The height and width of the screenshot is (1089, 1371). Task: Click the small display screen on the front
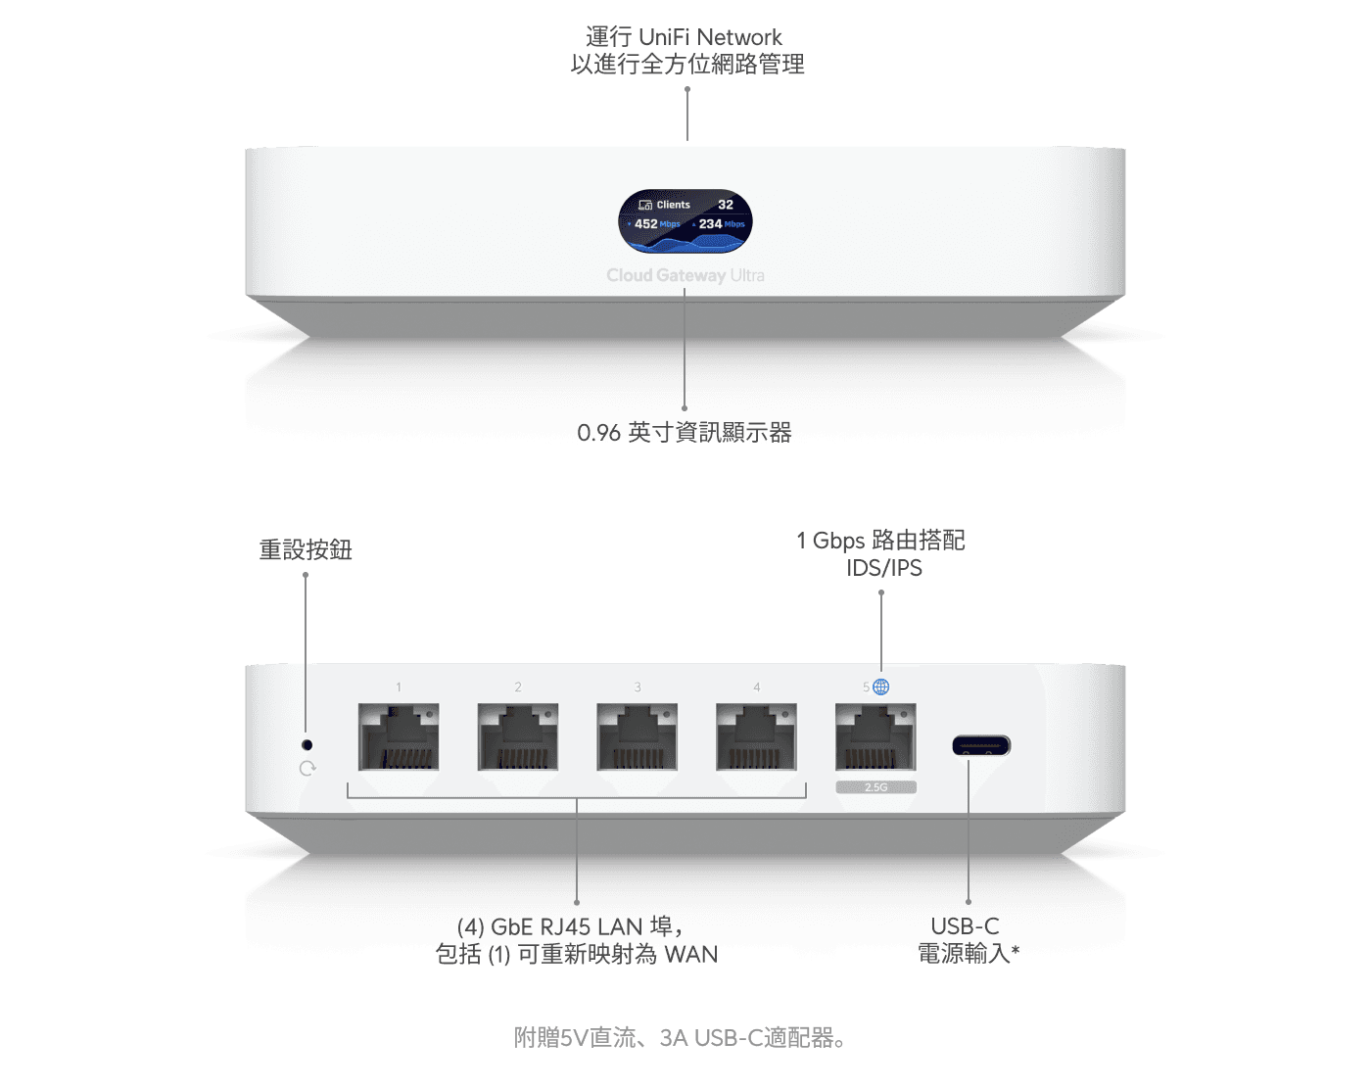point(685,220)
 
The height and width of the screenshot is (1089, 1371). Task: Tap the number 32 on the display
point(725,205)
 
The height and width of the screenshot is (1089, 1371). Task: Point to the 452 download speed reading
point(645,223)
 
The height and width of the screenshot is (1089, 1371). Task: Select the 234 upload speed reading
point(710,223)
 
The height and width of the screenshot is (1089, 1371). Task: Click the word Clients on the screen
point(673,205)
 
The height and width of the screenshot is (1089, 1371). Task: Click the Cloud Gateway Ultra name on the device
point(685,275)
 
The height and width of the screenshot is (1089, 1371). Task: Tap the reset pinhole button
point(307,744)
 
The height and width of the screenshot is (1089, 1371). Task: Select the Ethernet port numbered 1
point(399,736)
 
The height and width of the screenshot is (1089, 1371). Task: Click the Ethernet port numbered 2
point(517,736)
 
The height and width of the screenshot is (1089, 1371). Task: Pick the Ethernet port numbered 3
point(638,736)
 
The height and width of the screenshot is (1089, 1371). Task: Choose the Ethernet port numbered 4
point(756,736)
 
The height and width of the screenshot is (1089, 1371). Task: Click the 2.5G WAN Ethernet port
point(875,736)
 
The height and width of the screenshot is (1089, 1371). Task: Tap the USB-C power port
point(981,745)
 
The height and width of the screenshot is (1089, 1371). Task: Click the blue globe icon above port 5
point(880,687)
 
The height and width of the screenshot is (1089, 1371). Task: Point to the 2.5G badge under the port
point(876,787)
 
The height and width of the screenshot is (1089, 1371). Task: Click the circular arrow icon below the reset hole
point(307,769)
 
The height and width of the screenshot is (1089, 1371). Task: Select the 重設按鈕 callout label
point(306,550)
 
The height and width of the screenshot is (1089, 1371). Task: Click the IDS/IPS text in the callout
point(883,568)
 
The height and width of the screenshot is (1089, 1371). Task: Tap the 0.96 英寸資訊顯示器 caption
point(685,433)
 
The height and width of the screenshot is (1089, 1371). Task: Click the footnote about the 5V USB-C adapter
point(680,1038)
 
